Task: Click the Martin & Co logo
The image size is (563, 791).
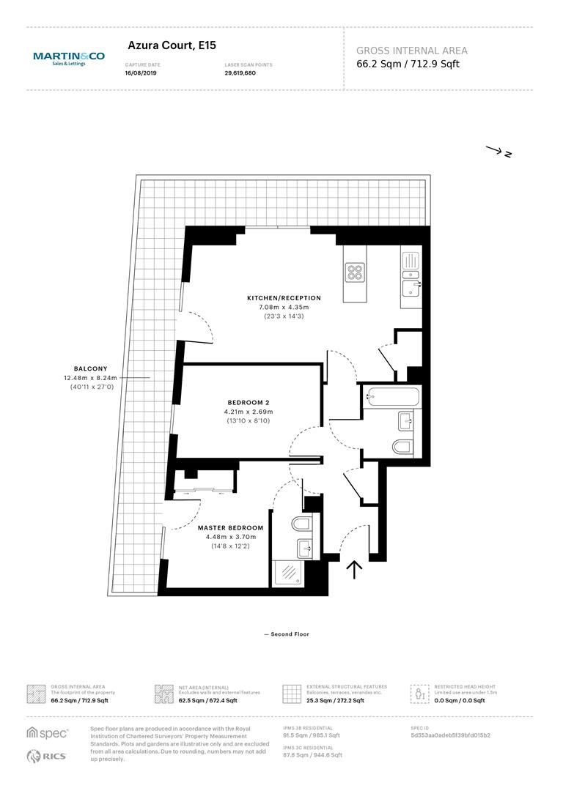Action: tap(69, 59)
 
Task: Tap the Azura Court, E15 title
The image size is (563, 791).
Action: tap(172, 45)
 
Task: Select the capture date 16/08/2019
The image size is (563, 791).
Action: tap(141, 73)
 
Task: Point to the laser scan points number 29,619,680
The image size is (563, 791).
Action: tap(240, 73)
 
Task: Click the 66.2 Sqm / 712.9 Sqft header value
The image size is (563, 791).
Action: tap(408, 64)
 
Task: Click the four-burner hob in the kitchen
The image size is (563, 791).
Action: tap(355, 272)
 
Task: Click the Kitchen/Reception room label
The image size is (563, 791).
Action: tap(284, 298)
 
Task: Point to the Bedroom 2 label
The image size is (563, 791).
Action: tap(249, 403)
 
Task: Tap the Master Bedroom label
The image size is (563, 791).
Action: tap(230, 527)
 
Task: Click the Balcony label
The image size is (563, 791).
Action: tap(90, 368)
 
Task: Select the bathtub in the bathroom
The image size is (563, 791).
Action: tap(392, 396)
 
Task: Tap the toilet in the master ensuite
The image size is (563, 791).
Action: tap(301, 524)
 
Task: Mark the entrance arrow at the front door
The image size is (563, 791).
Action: tap(355, 569)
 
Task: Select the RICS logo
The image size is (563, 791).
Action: tap(46, 756)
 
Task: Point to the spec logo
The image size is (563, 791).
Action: tap(47, 733)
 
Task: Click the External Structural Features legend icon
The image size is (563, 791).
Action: tap(292, 694)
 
